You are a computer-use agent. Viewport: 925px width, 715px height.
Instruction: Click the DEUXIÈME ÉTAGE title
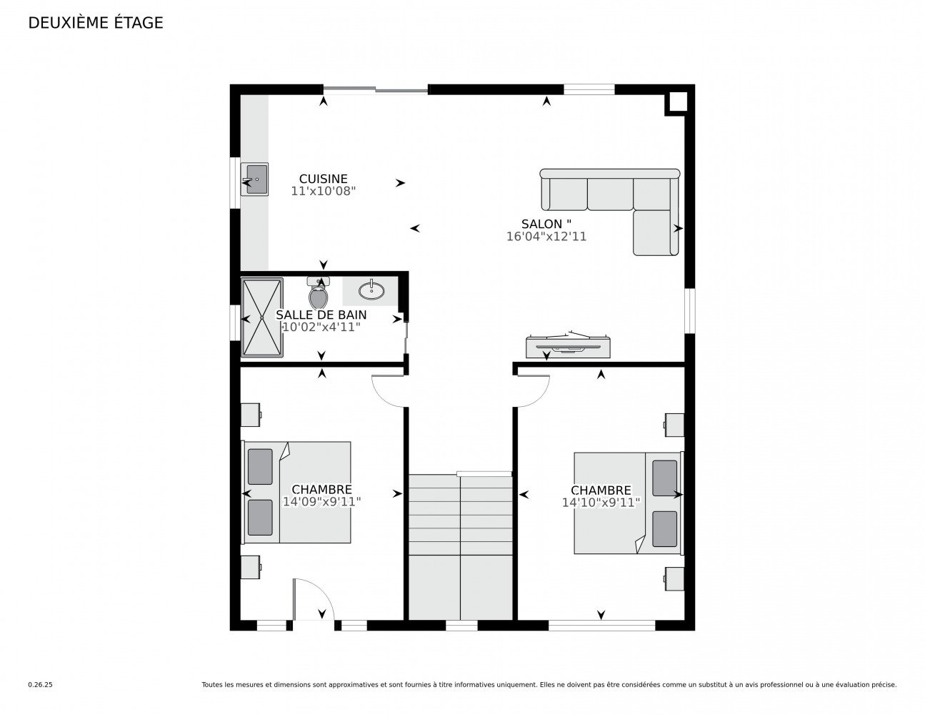96,23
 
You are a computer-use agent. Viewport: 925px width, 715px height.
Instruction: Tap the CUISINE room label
323,179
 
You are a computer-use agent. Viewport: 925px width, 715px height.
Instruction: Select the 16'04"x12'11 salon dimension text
546,237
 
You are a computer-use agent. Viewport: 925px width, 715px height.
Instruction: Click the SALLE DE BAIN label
321,315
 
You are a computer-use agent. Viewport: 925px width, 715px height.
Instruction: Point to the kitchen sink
254,179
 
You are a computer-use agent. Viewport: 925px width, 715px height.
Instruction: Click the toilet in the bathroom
319,292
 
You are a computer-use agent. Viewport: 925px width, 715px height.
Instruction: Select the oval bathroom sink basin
371,290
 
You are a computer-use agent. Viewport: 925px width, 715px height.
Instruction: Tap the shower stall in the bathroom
261,317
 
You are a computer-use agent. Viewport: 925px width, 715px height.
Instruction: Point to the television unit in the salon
569,346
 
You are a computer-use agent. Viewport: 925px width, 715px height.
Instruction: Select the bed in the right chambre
627,503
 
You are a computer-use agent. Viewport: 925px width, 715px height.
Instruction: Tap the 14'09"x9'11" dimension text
321,502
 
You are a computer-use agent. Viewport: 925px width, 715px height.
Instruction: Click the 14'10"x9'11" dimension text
601,503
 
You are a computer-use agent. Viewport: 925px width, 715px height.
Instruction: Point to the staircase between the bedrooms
461,547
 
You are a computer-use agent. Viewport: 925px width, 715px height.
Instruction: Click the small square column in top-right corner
677,103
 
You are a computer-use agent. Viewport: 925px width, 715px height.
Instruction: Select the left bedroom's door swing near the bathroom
389,390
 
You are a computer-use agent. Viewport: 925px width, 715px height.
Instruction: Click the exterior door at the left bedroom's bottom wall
312,601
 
